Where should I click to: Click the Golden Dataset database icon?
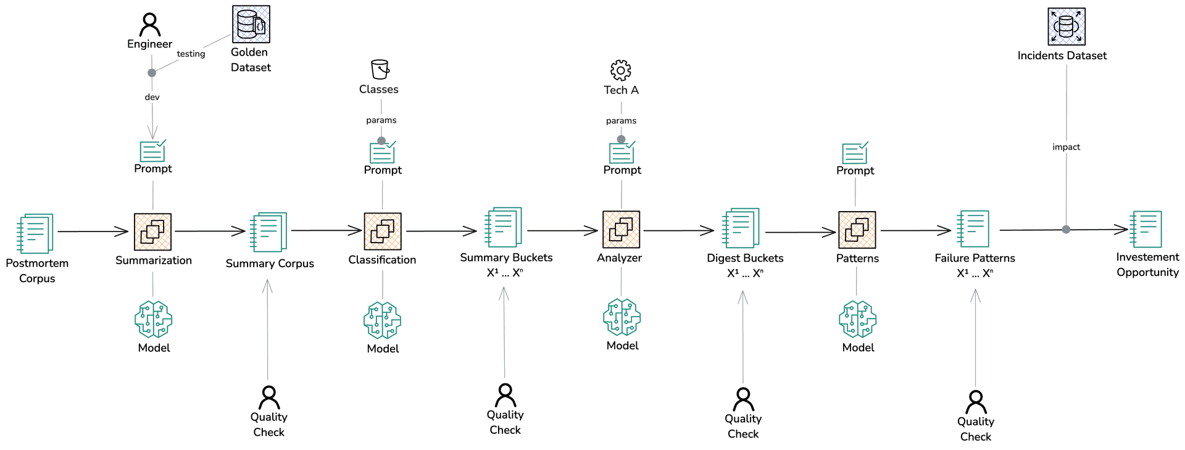coord(251,24)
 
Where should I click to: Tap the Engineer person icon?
coord(149,25)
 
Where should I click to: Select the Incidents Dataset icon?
coord(1066,27)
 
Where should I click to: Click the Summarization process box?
coord(152,232)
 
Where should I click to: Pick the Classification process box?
coord(383,231)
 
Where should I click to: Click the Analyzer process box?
coord(621,230)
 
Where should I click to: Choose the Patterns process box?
coord(857,230)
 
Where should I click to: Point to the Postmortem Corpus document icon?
coord(35,233)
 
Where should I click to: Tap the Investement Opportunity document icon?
coord(1145,229)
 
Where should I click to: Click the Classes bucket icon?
coord(380,69)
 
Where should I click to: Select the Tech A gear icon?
coord(620,70)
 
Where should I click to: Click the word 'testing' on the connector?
coord(191,54)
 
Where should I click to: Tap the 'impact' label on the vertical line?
coord(1066,147)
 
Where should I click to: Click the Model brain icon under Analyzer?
coord(622,318)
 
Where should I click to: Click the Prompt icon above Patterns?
coord(855,152)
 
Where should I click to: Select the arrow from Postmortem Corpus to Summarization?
coord(93,231)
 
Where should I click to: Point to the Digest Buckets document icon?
coord(741,228)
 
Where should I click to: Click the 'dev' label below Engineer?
coord(152,97)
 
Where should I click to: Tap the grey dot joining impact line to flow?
coord(1066,230)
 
